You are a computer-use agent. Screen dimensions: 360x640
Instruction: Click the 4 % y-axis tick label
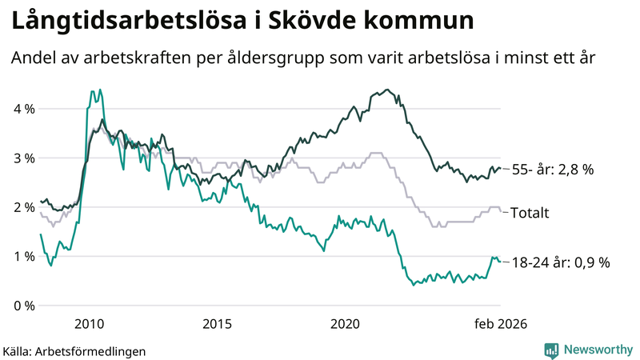tap(24, 109)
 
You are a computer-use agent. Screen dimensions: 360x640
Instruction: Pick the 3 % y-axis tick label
tap(24, 158)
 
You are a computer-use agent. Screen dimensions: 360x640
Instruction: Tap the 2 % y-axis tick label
tap(24, 207)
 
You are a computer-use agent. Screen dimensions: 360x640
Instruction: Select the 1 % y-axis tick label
tap(24, 257)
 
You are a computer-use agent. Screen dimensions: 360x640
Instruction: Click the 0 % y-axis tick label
tap(24, 306)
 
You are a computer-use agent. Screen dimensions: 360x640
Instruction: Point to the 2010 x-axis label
tap(89, 324)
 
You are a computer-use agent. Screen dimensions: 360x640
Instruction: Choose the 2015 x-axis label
tap(217, 324)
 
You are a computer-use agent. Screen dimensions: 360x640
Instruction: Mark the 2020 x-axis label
tap(346, 324)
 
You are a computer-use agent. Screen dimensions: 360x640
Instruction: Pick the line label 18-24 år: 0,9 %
tap(560, 262)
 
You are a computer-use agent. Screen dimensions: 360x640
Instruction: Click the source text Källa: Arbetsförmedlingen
tap(75, 350)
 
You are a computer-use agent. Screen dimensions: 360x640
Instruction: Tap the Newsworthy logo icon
tap(551, 350)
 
